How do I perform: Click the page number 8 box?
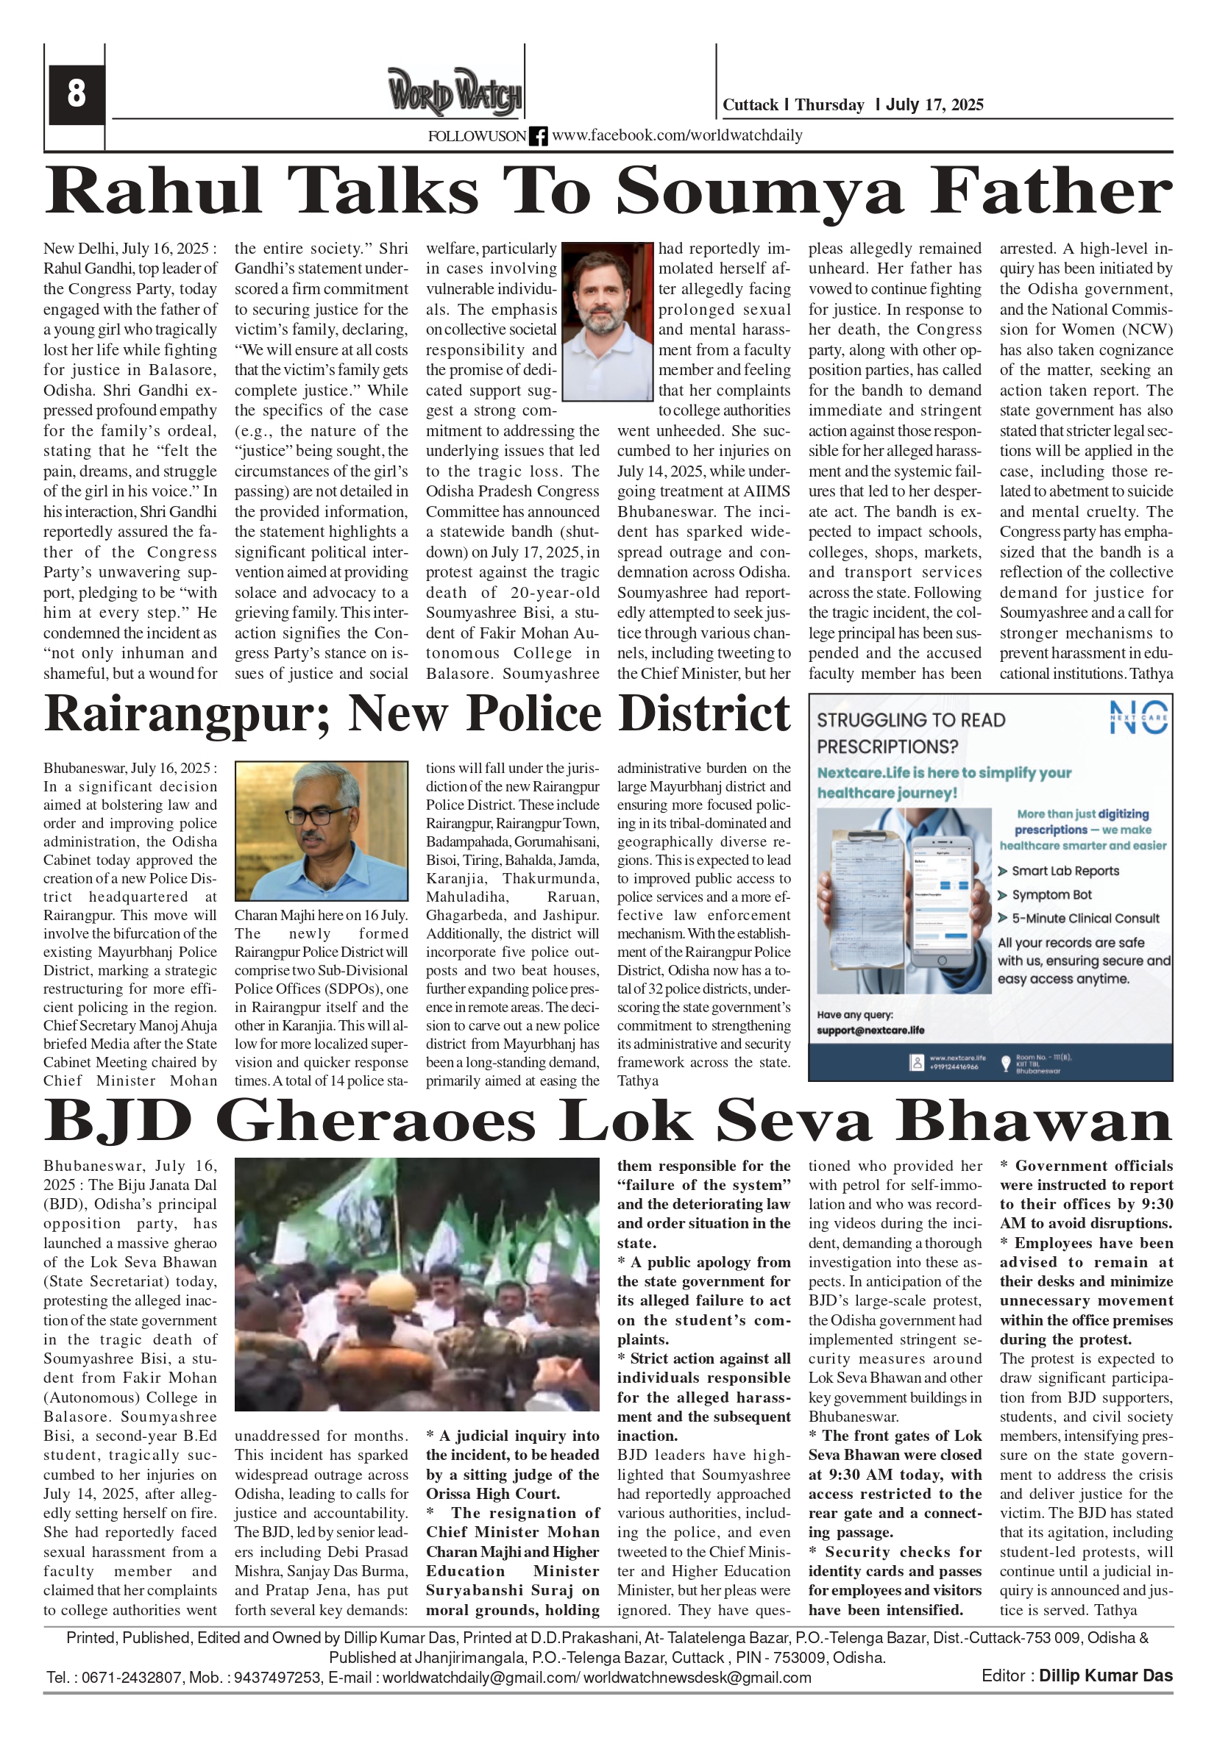point(77,94)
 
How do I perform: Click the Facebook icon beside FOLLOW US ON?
point(539,136)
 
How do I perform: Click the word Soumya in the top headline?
point(759,191)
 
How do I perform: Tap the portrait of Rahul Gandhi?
point(607,321)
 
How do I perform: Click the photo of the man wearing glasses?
point(321,830)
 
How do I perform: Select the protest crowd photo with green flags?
point(417,1283)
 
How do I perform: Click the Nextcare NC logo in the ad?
point(1138,717)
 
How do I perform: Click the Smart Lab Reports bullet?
point(1065,872)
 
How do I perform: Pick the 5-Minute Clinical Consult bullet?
point(1085,918)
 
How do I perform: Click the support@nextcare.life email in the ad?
point(870,1030)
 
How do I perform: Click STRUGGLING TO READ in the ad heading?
point(911,721)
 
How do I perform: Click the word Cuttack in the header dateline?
point(750,105)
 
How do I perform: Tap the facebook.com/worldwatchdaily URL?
point(677,135)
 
